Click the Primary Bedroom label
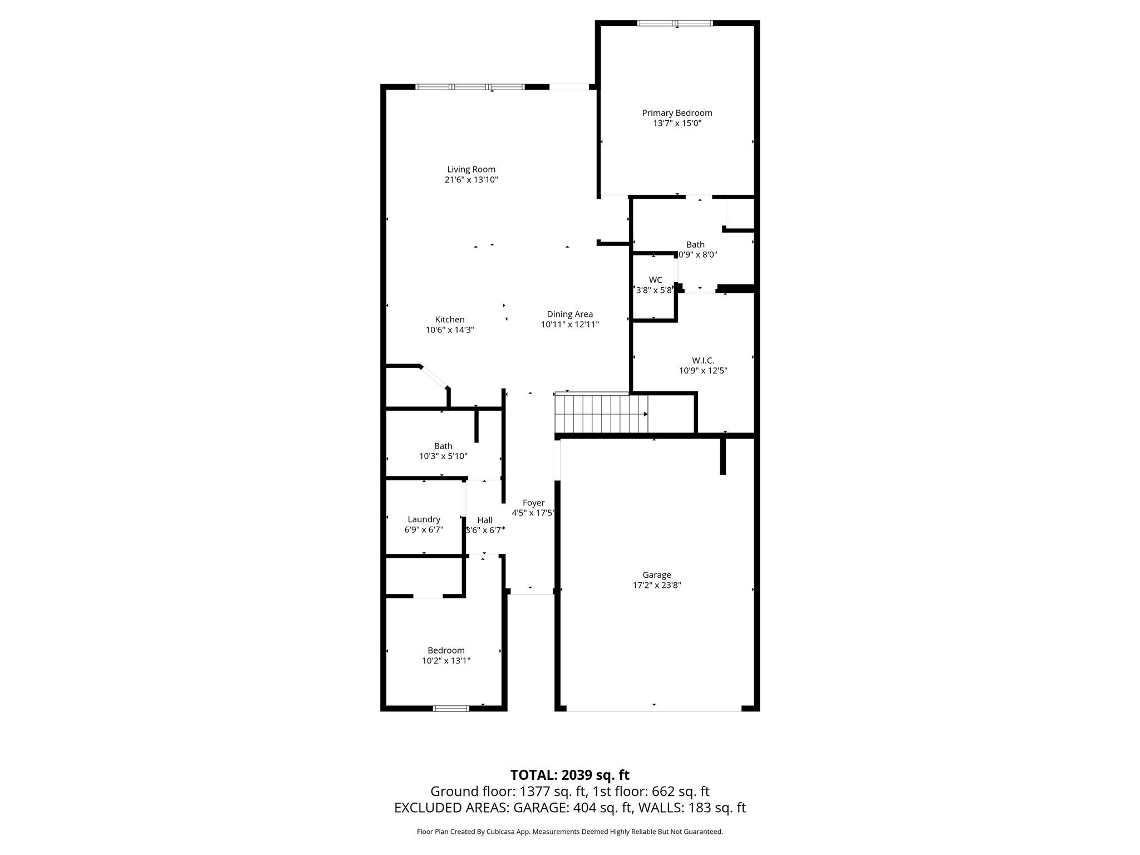click(677, 113)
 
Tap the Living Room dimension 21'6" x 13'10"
click(471, 180)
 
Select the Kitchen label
click(449, 320)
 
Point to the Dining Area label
click(569, 314)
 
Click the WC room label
click(655, 280)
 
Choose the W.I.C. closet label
click(703, 361)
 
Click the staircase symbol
click(601, 414)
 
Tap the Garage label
click(656, 575)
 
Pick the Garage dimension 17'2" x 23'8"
click(656, 585)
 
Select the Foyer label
click(533, 503)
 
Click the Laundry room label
click(424, 519)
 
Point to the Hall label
click(484, 520)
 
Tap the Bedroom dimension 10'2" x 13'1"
click(446, 661)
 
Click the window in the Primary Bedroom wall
click(675, 23)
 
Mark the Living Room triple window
click(470, 87)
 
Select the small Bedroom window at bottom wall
click(451, 709)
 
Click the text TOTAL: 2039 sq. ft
click(569, 775)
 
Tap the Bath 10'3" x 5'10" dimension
click(443, 456)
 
